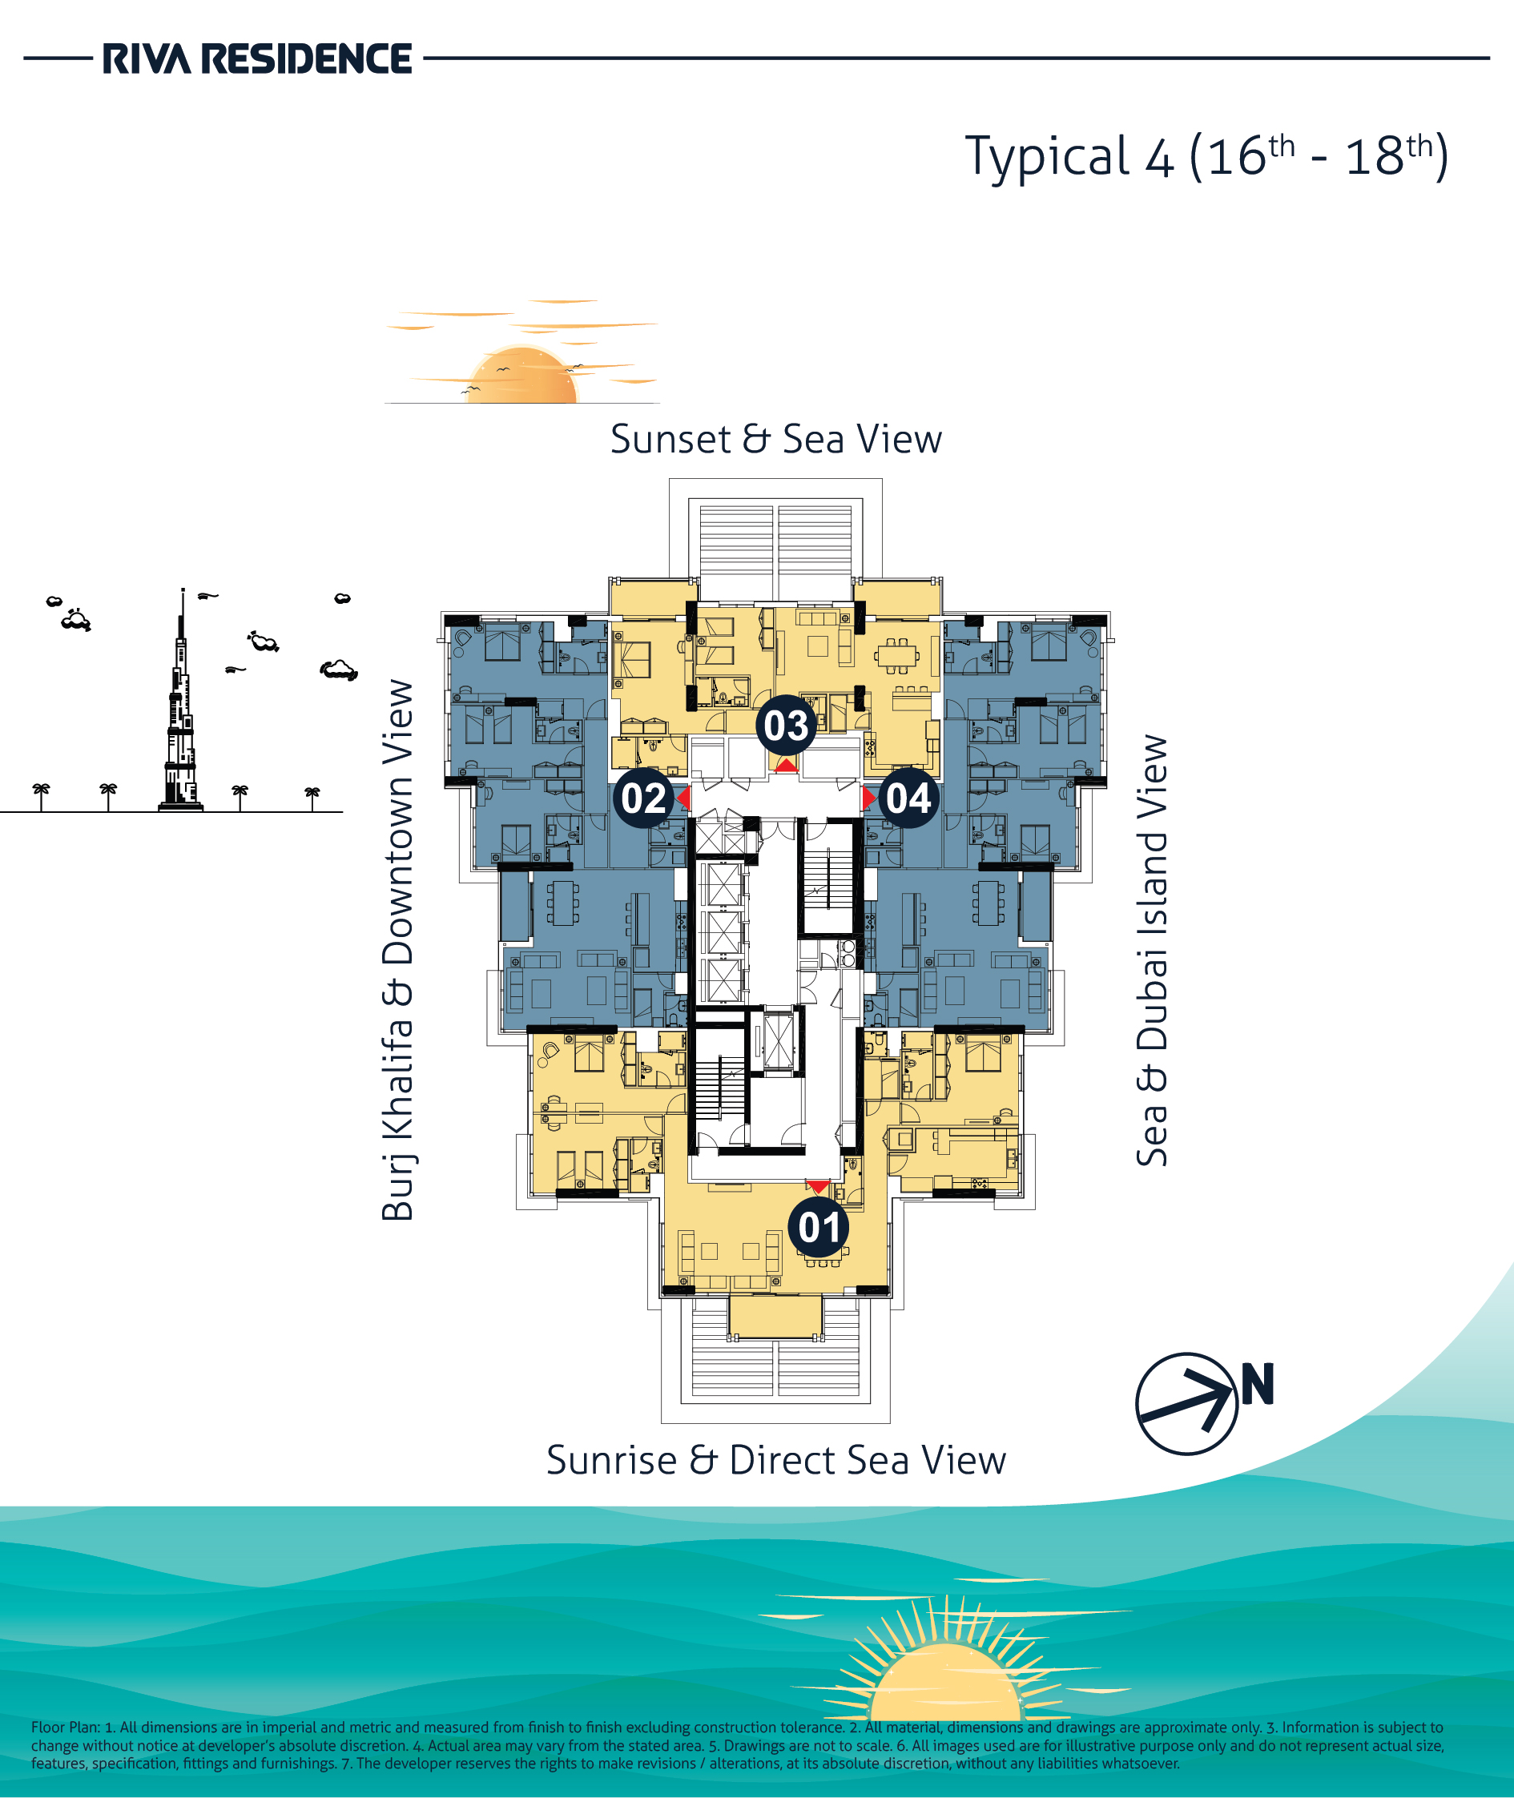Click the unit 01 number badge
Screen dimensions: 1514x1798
(819, 1227)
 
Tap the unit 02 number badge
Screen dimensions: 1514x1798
(644, 798)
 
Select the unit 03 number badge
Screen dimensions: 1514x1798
(786, 726)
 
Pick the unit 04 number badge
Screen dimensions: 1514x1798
(908, 798)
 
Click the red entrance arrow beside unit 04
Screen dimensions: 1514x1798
(869, 798)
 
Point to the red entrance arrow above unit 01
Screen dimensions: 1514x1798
(819, 1187)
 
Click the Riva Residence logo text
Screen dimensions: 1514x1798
(257, 58)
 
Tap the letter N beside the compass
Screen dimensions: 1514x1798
(1258, 1383)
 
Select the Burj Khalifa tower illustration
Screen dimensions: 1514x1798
(181, 704)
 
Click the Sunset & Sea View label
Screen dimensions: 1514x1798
(776, 440)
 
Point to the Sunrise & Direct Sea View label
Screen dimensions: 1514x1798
(776, 1460)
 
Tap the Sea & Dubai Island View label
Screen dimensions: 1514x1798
(1152, 950)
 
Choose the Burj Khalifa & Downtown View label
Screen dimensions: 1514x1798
(397, 950)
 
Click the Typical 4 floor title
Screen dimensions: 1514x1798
(1206, 157)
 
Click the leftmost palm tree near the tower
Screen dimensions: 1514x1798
(40, 796)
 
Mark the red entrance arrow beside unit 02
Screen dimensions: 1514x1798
(683, 798)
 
